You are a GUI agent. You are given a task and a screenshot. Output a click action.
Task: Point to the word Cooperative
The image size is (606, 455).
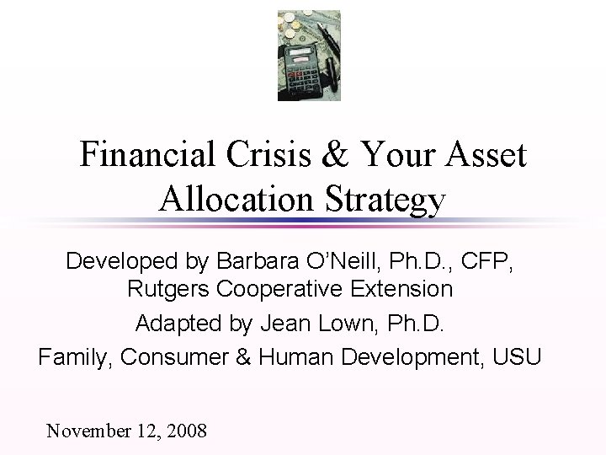[278, 290]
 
